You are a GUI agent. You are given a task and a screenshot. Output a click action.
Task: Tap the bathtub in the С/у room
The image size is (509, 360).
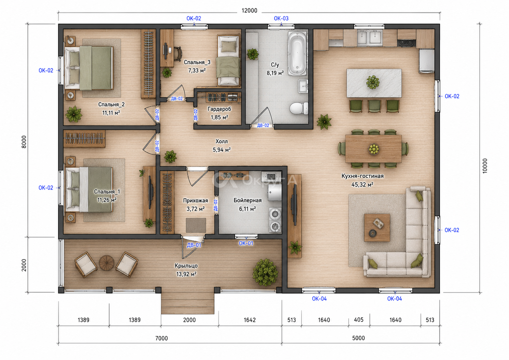tap(297, 54)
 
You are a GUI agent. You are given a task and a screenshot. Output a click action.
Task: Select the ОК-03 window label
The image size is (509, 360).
tap(281, 18)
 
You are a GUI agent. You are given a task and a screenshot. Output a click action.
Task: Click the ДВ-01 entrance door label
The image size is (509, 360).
tap(194, 245)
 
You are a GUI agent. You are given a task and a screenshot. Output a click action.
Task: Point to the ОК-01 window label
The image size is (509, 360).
tap(246, 243)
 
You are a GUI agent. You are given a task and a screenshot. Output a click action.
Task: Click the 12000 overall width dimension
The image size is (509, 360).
tap(249, 11)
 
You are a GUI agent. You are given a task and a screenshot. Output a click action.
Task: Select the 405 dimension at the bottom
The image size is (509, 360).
tap(358, 320)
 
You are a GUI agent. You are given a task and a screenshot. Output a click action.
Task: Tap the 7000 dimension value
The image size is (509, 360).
tap(161, 338)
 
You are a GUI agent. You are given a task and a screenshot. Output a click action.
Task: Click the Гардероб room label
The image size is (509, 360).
tap(219, 109)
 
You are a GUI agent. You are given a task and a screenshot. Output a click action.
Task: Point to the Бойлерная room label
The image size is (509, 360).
tap(248, 200)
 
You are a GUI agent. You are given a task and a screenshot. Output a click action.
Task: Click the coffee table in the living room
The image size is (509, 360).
tap(377, 227)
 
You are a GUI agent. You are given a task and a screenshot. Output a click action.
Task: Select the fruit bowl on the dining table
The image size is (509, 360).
tap(373, 149)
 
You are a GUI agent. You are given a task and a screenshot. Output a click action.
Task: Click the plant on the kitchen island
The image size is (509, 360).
tap(373, 82)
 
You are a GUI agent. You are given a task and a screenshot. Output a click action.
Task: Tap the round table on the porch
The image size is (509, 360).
tap(107, 263)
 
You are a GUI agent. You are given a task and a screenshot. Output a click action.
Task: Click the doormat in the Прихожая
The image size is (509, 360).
tap(196, 225)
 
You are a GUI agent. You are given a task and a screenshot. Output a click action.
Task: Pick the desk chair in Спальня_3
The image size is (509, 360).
tap(178, 54)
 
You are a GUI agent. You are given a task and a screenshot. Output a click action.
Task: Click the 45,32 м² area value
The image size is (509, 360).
tap(362, 185)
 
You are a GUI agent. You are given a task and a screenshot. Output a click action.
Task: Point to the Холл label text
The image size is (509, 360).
tap(222, 142)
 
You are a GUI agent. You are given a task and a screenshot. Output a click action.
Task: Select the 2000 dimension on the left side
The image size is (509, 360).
tap(24, 265)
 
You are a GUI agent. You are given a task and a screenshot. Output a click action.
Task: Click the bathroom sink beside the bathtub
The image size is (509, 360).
tap(303, 86)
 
